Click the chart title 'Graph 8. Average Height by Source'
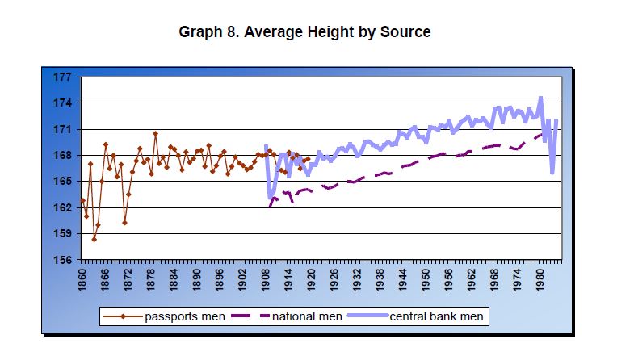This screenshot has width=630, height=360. click(304, 32)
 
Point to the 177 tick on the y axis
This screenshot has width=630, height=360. click(63, 77)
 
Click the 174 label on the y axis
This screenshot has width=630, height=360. click(63, 103)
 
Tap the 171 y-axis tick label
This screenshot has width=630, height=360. click(63, 129)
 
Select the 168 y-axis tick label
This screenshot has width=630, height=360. click(63, 156)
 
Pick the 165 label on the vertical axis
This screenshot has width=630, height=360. click(63, 182)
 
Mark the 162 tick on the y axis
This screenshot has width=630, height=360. click(63, 207)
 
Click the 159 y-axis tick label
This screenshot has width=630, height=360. click(63, 234)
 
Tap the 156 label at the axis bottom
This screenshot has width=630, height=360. click(63, 260)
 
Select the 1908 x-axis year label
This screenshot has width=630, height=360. click(266, 278)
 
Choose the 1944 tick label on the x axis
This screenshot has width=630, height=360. click(403, 278)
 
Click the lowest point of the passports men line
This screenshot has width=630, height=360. click(94, 239)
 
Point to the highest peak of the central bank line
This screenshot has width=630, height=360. click(540, 98)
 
